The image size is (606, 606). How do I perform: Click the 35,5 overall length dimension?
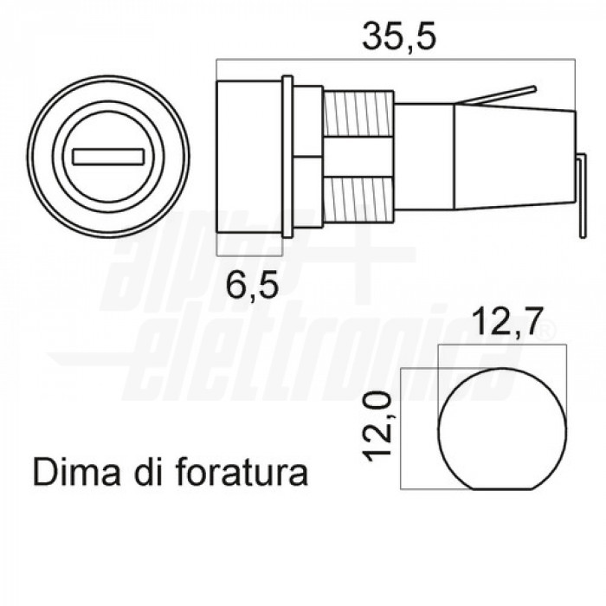click(x=396, y=35)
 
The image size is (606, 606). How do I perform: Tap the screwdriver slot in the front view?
click(x=110, y=158)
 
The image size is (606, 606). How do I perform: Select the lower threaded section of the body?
click(x=354, y=197)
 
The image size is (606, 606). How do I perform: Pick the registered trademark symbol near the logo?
click(x=545, y=332)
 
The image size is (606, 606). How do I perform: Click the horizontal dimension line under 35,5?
click(x=396, y=60)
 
